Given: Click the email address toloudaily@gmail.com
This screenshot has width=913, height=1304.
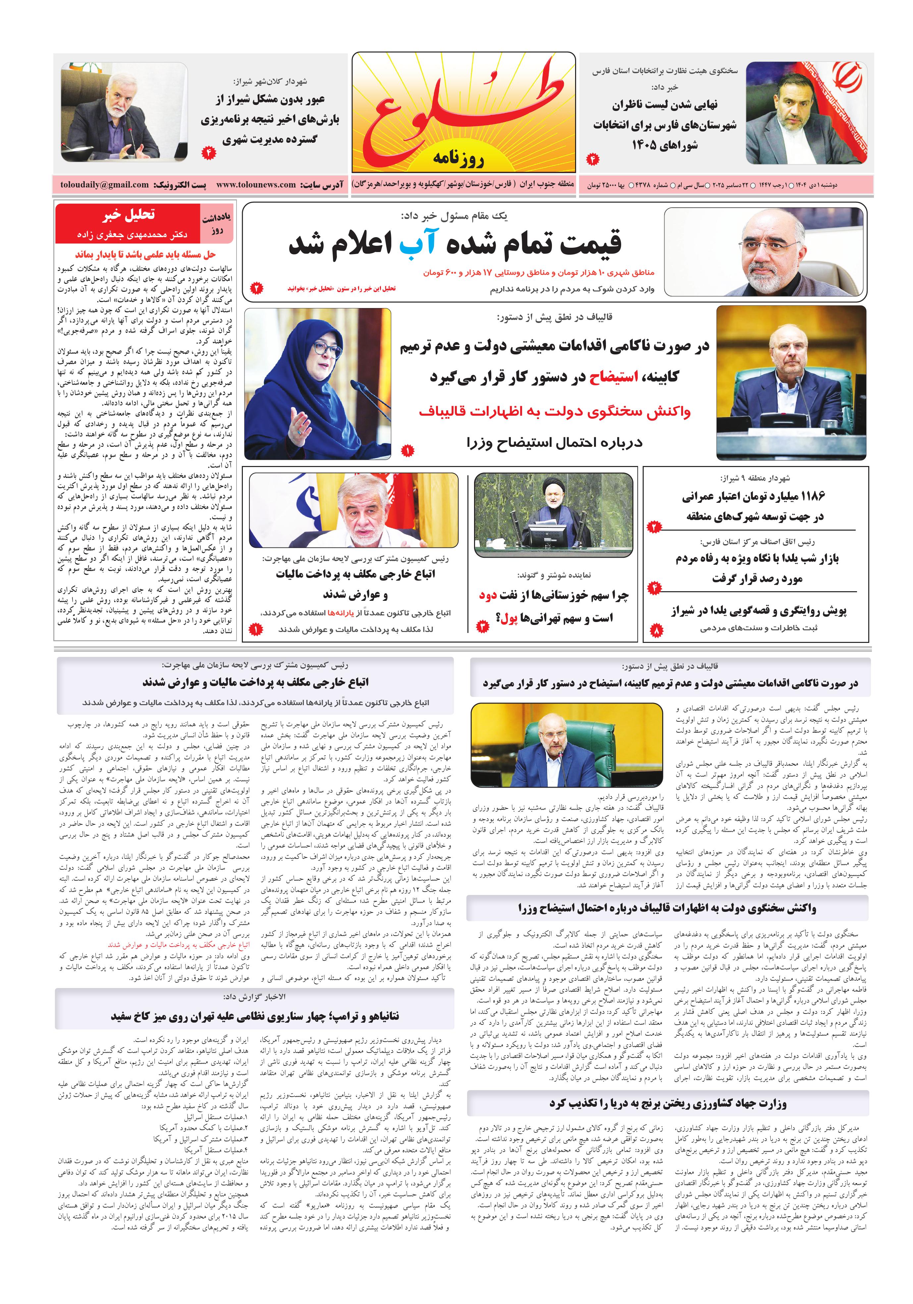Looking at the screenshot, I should pos(105,184).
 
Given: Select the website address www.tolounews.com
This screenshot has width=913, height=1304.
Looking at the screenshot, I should pos(256,184).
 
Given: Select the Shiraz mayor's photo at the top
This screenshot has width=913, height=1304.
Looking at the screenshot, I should pos(125,112).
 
